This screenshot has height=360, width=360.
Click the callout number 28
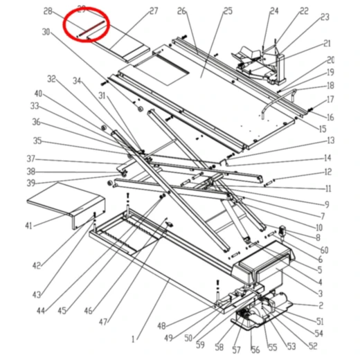[x=48, y=11]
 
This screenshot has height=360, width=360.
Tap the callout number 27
[x=154, y=11]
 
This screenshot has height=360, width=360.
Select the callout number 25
[x=208, y=11]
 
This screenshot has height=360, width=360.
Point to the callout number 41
[x=28, y=226]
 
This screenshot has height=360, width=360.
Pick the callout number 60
[x=324, y=249]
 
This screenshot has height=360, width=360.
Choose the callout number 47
[x=103, y=322]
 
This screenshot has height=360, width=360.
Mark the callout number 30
[x=46, y=32]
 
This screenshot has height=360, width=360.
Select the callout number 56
[x=254, y=350]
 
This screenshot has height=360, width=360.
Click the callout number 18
[x=330, y=86]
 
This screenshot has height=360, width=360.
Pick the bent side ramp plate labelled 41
[x=66, y=201]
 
